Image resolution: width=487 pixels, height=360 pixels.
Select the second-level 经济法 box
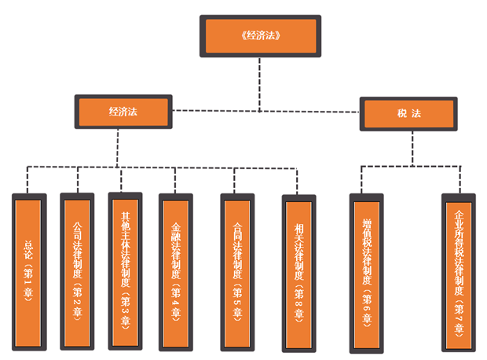(123, 112)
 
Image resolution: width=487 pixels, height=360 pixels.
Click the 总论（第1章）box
(28, 271)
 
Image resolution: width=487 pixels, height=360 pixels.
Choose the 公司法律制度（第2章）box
(77, 271)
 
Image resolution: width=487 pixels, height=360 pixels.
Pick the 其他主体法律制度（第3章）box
(126, 271)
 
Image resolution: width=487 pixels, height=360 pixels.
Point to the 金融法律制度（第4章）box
(176, 271)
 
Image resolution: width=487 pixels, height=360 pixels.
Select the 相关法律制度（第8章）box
(298, 271)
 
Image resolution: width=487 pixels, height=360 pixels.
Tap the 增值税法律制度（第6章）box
(367, 271)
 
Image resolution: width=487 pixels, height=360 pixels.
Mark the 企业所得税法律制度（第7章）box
(460, 271)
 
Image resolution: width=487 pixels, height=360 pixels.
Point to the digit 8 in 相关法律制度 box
(298, 297)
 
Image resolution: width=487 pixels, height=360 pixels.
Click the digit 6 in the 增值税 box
(367, 299)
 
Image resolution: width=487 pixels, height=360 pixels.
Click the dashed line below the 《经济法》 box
(260, 83)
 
